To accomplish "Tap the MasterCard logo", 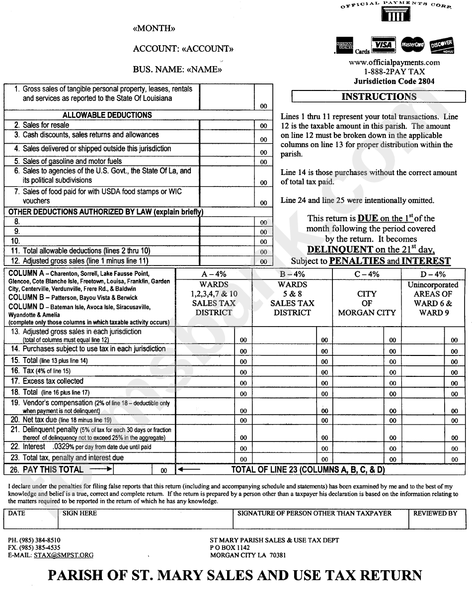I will [412, 45].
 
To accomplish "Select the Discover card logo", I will [442, 45].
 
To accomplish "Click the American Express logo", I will [344, 45].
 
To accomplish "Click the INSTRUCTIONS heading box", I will [379, 96].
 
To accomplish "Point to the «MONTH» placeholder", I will [154, 29].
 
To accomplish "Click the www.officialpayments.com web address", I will [394, 63].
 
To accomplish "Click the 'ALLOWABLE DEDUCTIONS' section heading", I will [107, 115].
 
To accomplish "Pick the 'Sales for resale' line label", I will [46, 125].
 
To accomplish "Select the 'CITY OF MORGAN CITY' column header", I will [367, 303].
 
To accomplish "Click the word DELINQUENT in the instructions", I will [340, 250].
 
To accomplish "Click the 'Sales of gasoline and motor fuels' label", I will [72, 161].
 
